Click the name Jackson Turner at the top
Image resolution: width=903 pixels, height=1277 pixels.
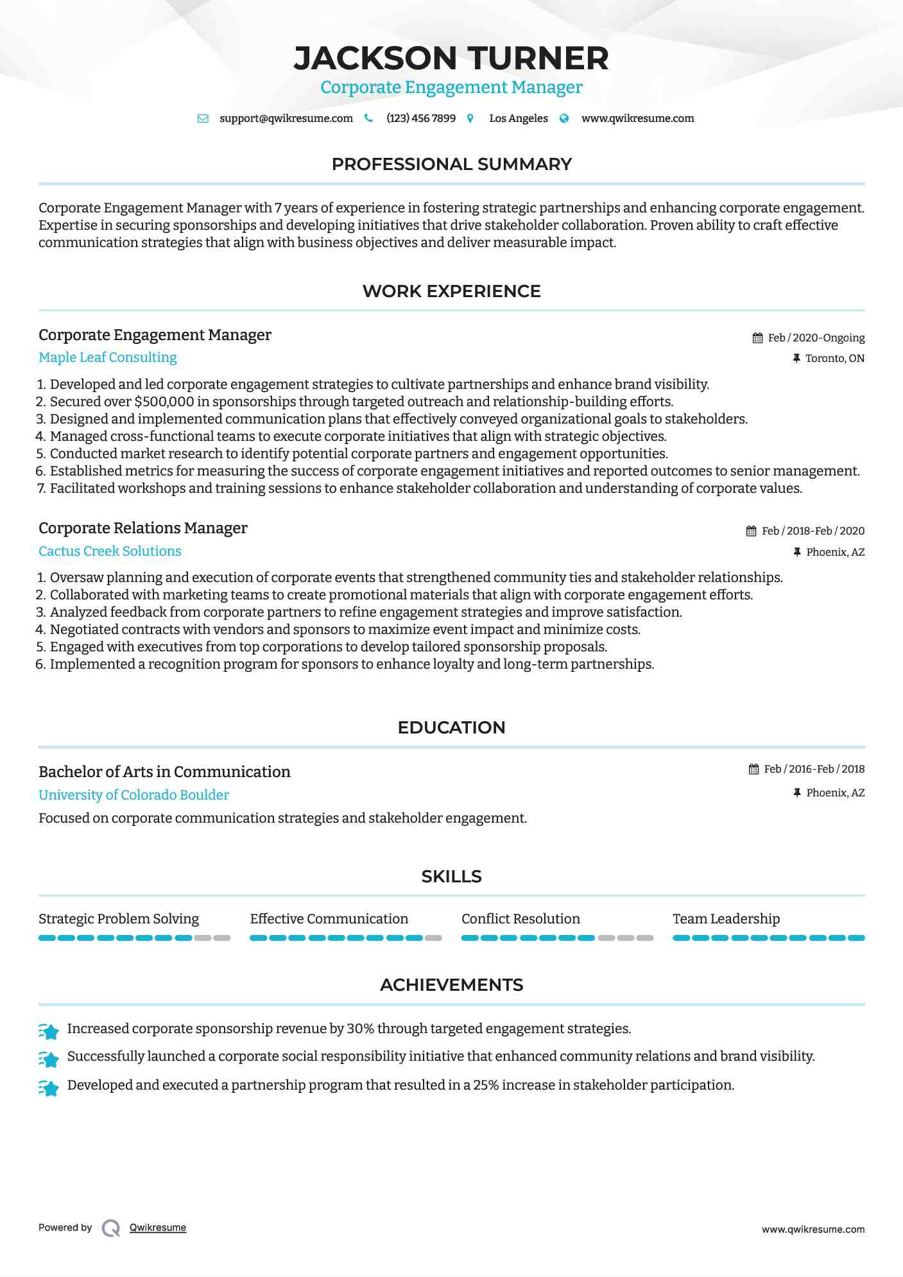451,58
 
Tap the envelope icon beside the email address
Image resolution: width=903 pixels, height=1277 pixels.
203,119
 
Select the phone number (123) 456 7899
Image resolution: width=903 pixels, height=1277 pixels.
421,119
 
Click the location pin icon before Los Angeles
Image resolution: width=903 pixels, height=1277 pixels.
470,119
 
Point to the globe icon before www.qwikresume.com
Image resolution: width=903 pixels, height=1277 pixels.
564,119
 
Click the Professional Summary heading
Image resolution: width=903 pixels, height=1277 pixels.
451,164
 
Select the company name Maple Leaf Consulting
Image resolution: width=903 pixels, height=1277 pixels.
107,357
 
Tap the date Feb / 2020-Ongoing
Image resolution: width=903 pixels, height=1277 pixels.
816,338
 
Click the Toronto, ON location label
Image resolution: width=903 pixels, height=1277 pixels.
834,359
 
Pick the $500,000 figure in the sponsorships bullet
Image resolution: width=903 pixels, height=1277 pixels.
164,402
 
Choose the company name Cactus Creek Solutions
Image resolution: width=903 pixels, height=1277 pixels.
110,551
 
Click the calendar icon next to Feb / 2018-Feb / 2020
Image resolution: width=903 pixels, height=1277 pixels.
752,531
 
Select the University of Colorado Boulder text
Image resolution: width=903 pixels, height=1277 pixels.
133,795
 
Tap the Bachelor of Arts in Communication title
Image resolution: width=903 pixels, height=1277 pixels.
164,772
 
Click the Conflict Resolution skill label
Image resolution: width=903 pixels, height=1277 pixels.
520,919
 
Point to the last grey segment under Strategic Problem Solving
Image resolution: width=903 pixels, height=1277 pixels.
222,938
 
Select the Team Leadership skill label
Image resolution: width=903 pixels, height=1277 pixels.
726,919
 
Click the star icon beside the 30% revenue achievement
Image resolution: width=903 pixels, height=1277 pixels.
49,1031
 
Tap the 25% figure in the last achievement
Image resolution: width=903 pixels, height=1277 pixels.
486,1085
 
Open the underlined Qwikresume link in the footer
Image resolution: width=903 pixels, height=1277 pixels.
158,1228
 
